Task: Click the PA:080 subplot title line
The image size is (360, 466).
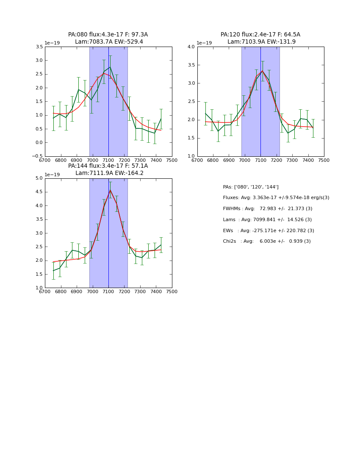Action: (x=108, y=35)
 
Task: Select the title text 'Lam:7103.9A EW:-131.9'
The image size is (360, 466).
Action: (x=260, y=42)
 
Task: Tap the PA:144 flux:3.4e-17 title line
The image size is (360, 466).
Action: (x=108, y=166)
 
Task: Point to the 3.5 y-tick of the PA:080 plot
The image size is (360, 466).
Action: (x=39, y=47)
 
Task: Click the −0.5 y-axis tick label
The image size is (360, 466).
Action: (x=37, y=156)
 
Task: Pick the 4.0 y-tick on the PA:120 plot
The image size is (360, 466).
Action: (x=191, y=47)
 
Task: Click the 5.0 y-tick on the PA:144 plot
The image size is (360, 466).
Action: (x=39, y=178)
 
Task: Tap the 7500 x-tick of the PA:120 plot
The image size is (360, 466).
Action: (x=324, y=161)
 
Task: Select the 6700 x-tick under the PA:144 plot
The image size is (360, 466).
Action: (x=45, y=292)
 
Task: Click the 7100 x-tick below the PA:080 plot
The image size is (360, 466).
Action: (x=108, y=161)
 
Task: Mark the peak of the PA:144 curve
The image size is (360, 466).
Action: (x=110, y=190)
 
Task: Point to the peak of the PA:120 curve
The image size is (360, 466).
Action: (x=262, y=71)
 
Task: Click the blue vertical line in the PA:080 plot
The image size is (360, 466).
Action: (x=108, y=127)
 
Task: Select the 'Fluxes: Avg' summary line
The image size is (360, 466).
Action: (x=276, y=198)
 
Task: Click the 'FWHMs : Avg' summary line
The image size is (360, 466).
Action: (x=267, y=209)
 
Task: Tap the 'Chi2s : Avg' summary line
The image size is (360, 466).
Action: (x=266, y=241)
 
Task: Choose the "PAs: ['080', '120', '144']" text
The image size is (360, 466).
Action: (x=250, y=187)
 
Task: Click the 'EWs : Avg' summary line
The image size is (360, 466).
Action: (x=268, y=231)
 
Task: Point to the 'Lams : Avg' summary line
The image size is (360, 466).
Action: (x=267, y=220)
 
